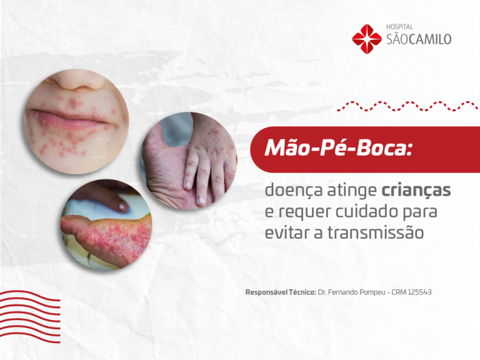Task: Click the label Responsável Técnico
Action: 281,292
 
